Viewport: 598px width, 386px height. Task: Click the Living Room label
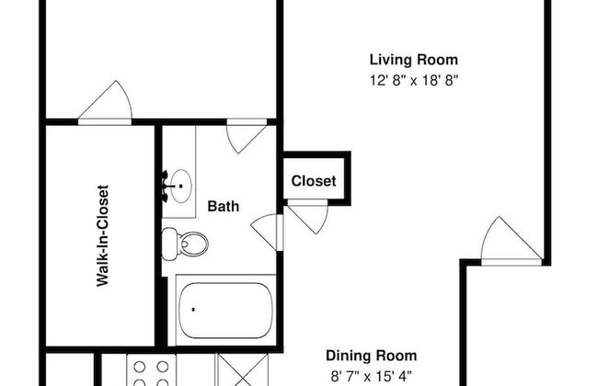pyautogui.click(x=414, y=60)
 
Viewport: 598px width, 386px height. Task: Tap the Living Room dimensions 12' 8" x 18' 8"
pyautogui.click(x=414, y=80)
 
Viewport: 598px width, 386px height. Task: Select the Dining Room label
pyautogui.click(x=371, y=356)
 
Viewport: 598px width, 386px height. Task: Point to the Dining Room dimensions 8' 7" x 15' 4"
pyautogui.click(x=371, y=377)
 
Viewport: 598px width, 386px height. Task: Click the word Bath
pyautogui.click(x=224, y=206)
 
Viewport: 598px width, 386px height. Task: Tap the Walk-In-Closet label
pyautogui.click(x=103, y=235)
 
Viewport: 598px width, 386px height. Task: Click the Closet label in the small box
pyautogui.click(x=314, y=181)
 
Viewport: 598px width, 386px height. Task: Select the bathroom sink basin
pyautogui.click(x=180, y=186)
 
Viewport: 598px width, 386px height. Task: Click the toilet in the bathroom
pyautogui.click(x=185, y=244)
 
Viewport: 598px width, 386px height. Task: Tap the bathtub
pyautogui.click(x=225, y=310)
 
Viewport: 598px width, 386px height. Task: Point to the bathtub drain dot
pyautogui.click(x=193, y=310)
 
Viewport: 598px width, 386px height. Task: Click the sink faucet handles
pyautogui.click(x=165, y=187)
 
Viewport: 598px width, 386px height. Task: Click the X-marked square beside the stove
pyautogui.click(x=243, y=370)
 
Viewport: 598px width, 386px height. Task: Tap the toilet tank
pyautogui.click(x=169, y=244)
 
